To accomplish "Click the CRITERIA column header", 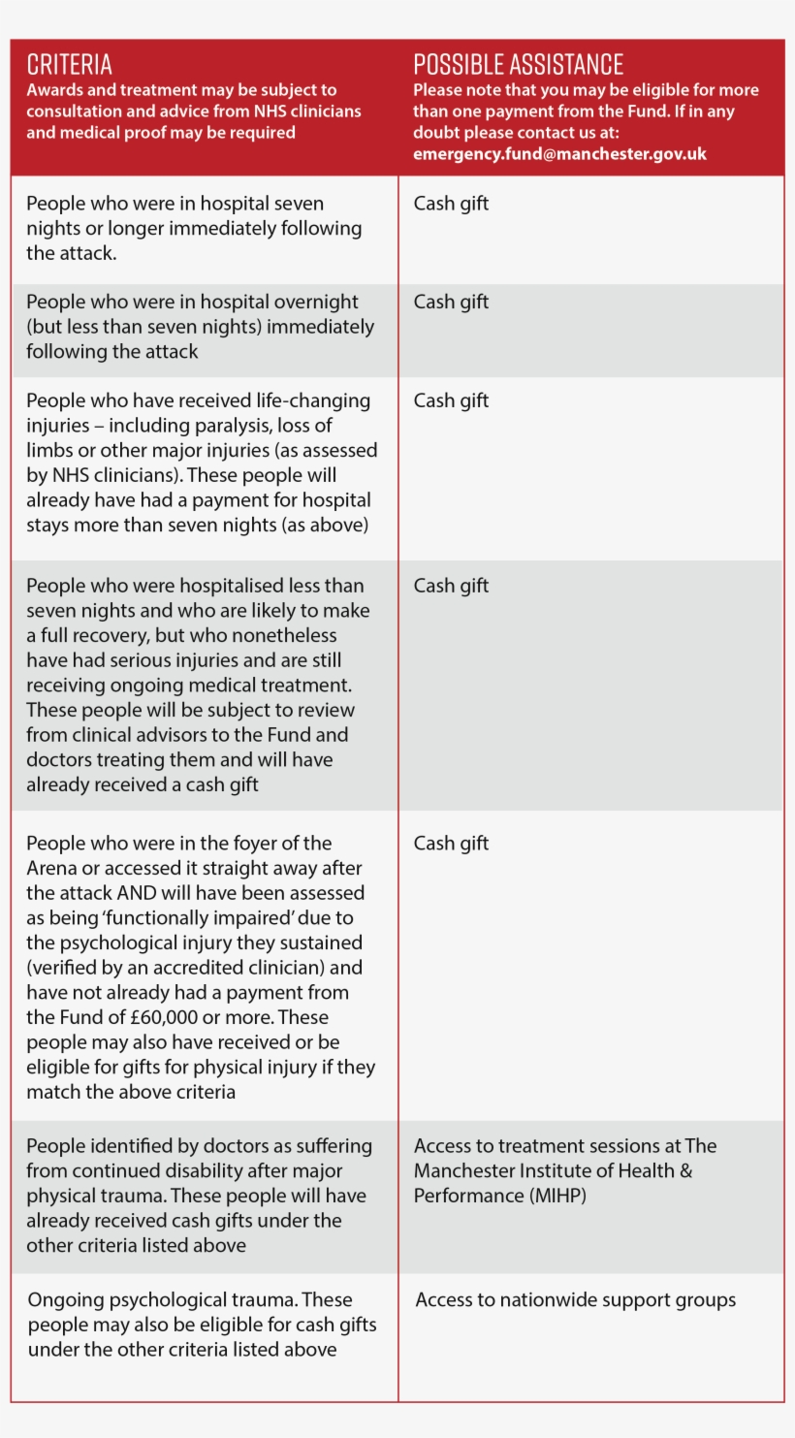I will (69, 65).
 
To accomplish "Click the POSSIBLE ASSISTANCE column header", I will (518, 65).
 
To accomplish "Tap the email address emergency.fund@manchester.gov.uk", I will (559, 154).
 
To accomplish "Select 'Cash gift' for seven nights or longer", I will (451, 204).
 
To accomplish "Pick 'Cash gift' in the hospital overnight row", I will (451, 302).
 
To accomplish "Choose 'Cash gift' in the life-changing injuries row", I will (451, 400).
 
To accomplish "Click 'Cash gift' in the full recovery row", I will (451, 586).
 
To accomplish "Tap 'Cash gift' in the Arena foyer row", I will (451, 844).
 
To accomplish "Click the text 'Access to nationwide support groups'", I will (576, 1300).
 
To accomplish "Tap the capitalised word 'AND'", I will (136, 893).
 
